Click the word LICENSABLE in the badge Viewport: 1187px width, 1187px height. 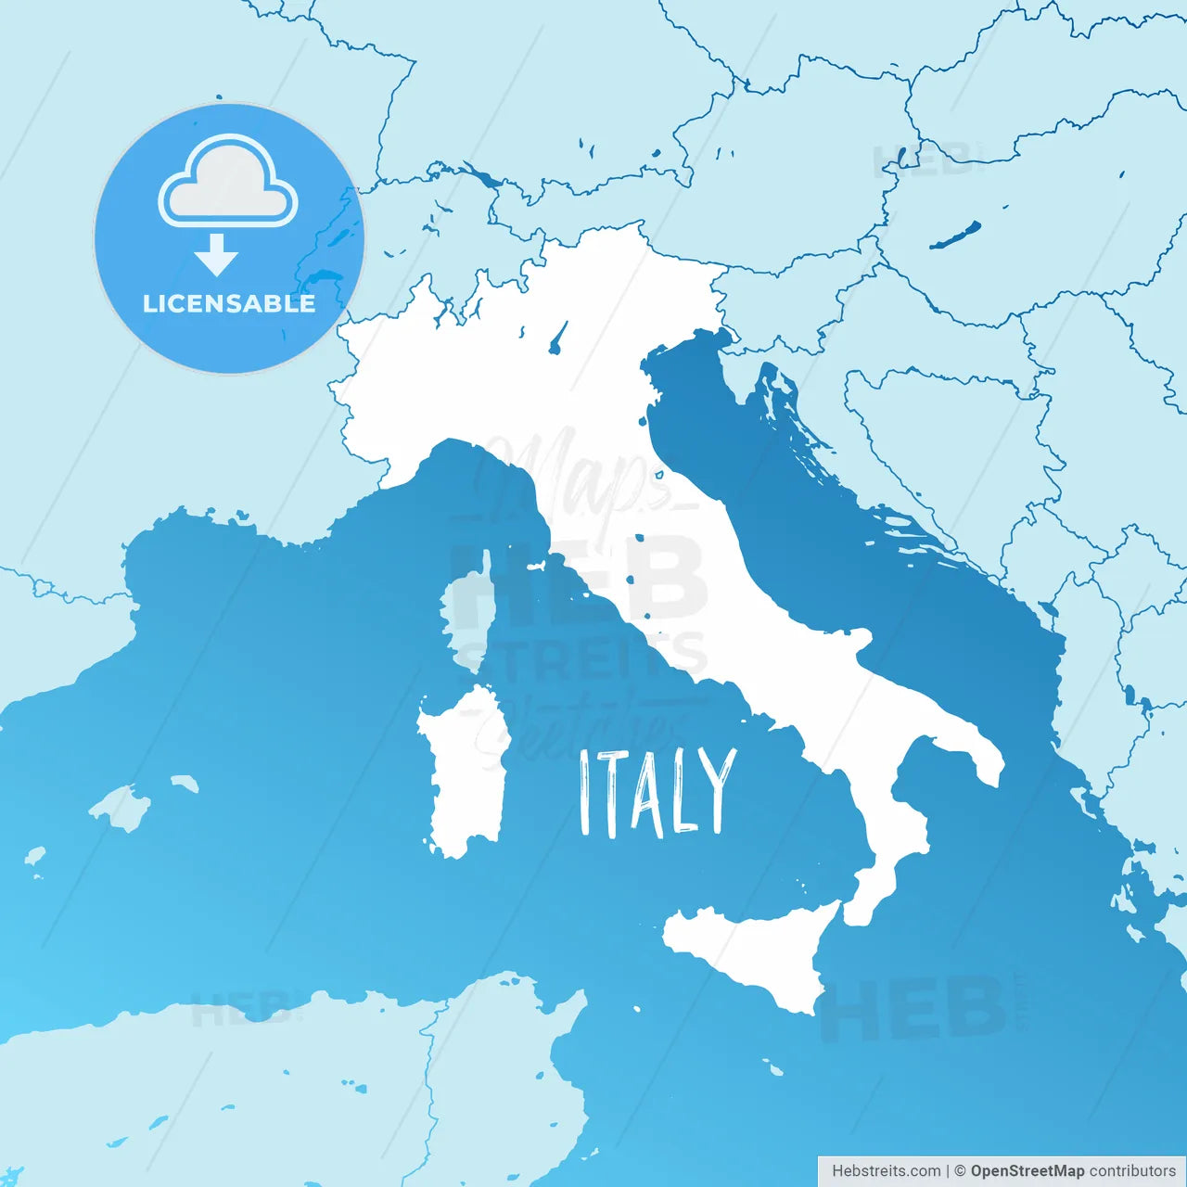coord(229,303)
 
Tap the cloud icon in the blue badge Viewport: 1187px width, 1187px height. coord(228,185)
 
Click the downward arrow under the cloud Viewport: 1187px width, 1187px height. coord(217,255)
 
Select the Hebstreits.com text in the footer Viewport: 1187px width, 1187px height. coord(886,1171)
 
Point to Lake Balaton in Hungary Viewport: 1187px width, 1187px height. coord(955,235)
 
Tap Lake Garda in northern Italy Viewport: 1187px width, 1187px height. coord(558,338)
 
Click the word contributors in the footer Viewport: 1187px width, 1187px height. coord(1132,1171)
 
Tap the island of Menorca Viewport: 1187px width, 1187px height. coord(185,784)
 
